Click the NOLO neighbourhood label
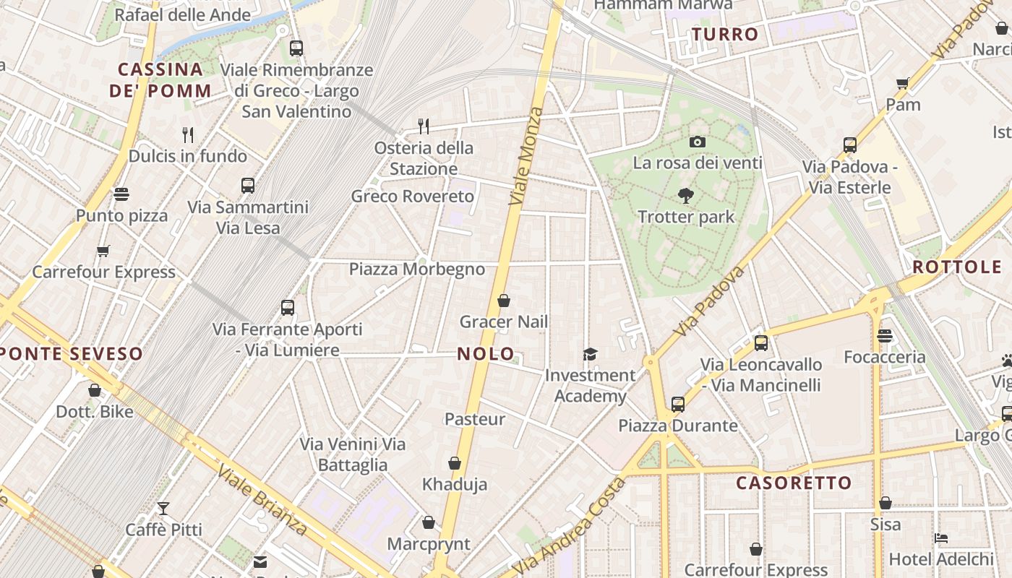(x=486, y=354)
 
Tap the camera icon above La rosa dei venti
(x=697, y=142)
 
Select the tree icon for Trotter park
(x=685, y=195)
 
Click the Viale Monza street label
(x=526, y=156)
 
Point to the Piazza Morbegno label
(x=417, y=269)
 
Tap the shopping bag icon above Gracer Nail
(x=504, y=301)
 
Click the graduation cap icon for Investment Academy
(x=591, y=354)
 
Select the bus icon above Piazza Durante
(x=677, y=405)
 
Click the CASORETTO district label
(x=794, y=483)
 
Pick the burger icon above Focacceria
(x=885, y=336)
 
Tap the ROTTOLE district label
(x=957, y=267)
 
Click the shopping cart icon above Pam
(x=903, y=83)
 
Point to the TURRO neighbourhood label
(x=725, y=34)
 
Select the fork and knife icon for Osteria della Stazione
(x=424, y=126)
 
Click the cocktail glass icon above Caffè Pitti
(x=163, y=509)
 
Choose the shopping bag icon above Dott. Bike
(x=95, y=391)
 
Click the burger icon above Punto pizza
(x=121, y=194)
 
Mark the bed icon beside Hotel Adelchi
(x=940, y=538)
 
